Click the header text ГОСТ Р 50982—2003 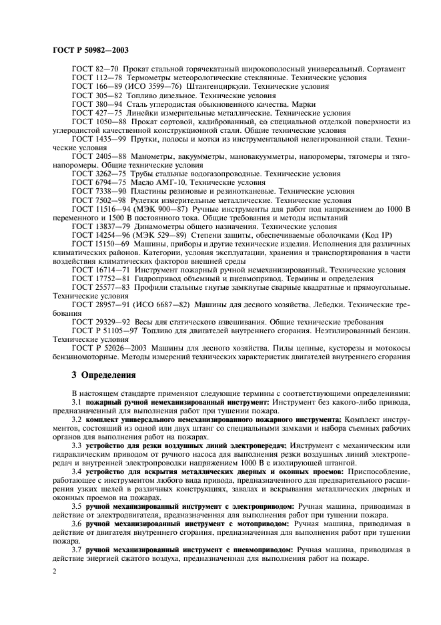[90, 50]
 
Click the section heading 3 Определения [103, 375]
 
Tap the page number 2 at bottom [55, 572]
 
